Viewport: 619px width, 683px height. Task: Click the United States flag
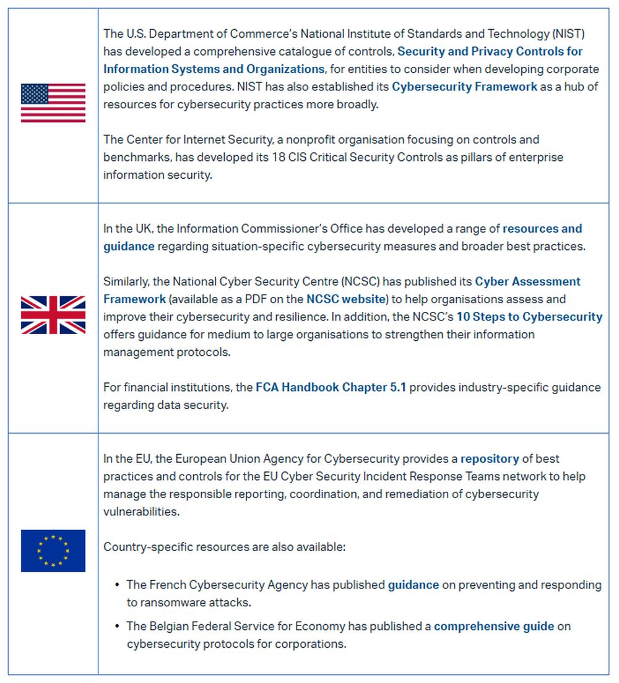[x=53, y=103]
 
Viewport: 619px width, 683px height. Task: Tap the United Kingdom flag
[x=53, y=315]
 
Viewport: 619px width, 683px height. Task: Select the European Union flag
[x=53, y=551]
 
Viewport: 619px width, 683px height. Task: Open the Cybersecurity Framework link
[x=464, y=87]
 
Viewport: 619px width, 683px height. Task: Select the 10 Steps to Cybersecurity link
[x=529, y=317]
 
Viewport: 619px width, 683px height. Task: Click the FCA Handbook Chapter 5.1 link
[x=331, y=387]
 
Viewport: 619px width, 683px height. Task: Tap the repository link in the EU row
[x=490, y=459]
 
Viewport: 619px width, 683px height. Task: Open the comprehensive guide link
[x=494, y=626]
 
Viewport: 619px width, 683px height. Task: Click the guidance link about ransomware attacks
[x=413, y=585]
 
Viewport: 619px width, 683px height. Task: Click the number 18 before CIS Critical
[x=279, y=157]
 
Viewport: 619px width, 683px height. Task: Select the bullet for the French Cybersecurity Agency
[x=118, y=585]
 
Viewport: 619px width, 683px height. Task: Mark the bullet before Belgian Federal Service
[x=118, y=626]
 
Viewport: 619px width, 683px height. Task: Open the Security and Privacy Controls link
[x=490, y=51]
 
